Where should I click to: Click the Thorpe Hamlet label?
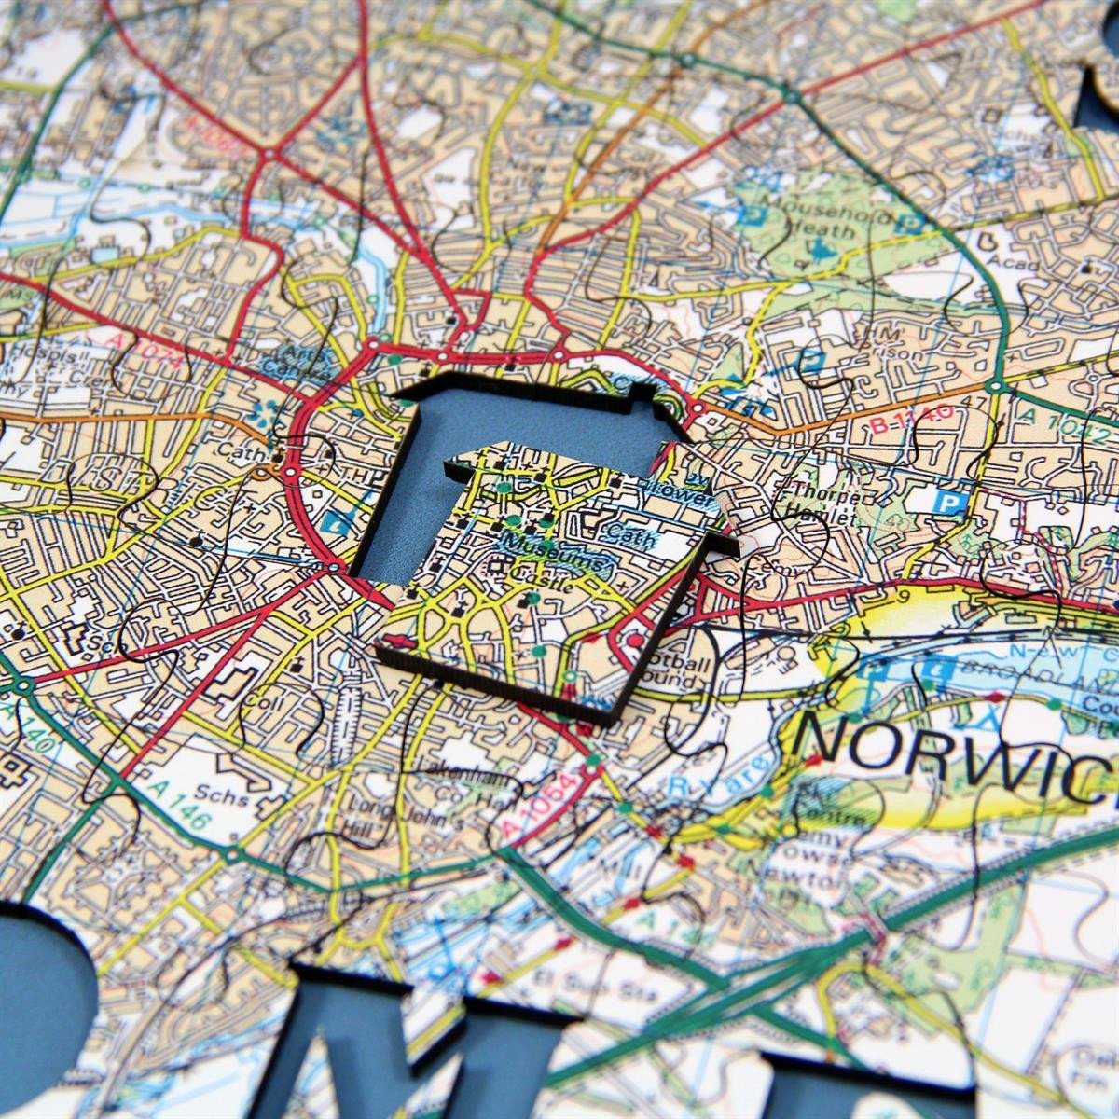pyautogui.click(x=821, y=504)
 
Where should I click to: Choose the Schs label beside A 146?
pyautogui.click(x=228, y=798)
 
